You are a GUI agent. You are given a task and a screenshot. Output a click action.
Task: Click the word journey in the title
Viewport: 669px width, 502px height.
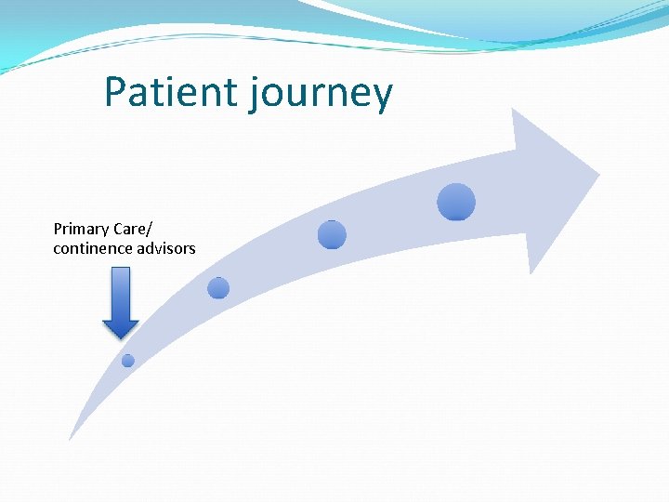click(x=321, y=94)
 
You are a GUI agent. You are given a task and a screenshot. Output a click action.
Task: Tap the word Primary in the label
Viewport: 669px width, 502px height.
click(x=81, y=229)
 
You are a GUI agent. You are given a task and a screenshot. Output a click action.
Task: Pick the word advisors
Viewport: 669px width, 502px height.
click(x=165, y=248)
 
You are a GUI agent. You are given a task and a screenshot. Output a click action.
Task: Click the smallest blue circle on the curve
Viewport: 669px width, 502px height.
click(x=128, y=360)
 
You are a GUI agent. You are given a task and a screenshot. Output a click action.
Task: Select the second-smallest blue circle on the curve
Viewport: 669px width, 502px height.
click(x=218, y=288)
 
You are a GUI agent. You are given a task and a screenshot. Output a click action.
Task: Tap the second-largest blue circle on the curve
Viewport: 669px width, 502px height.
click(x=332, y=234)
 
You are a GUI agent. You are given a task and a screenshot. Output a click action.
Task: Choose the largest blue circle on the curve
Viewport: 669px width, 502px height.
click(x=456, y=202)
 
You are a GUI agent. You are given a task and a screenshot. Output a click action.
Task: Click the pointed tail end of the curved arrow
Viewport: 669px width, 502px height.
click(x=71, y=438)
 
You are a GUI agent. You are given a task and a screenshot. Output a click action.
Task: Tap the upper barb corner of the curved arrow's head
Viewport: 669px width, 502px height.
click(x=514, y=110)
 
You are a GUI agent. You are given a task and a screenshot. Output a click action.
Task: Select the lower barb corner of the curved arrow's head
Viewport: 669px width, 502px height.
click(x=530, y=272)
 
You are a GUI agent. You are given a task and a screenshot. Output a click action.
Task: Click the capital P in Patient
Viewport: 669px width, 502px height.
click(x=114, y=92)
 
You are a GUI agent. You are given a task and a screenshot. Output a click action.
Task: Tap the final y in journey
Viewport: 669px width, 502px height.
click(x=382, y=97)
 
